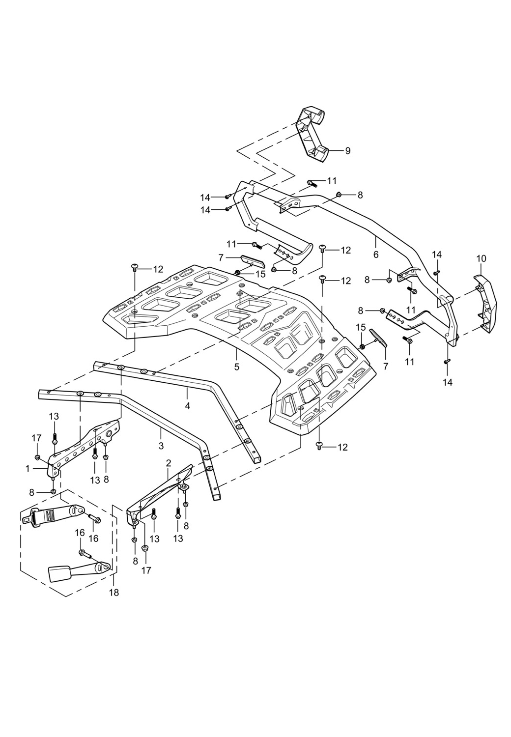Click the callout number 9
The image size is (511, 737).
coord(348,151)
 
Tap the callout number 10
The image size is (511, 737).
coord(481,258)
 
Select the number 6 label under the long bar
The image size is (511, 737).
coord(376,255)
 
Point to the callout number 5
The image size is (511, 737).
coord(237,367)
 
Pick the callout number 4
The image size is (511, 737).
coord(187,406)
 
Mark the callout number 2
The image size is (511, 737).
coord(169,463)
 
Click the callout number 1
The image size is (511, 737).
coord(28,469)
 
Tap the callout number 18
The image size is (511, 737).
coord(114,593)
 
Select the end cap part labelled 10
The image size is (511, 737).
coord(486,305)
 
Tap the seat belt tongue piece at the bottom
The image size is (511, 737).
coord(74,572)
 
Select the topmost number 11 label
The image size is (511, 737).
coord(333,181)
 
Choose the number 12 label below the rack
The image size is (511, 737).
coord(342,447)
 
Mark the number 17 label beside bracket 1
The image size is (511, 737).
coord(37,438)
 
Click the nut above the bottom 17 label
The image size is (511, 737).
coord(145,547)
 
